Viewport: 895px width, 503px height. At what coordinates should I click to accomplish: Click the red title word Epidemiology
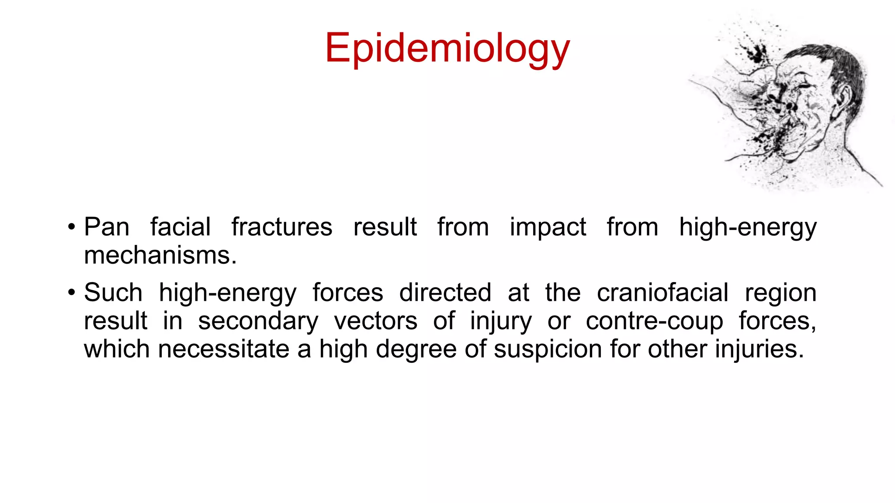tap(447, 48)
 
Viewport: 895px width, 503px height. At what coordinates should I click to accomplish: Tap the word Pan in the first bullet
tap(107, 227)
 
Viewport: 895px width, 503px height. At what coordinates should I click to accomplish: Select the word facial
tap(180, 227)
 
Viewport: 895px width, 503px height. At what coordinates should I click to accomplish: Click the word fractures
tap(282, 227)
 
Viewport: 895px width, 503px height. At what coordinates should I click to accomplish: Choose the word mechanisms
tap(160, 255)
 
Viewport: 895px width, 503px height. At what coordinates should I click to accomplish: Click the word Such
tap(113, 293)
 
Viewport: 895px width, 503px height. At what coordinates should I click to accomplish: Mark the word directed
tap(445, 293)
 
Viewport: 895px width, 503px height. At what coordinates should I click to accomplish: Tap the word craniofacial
tap(663, 293)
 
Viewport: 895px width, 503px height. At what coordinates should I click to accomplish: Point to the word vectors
tap(376, 321)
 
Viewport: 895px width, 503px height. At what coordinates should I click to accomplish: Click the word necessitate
tap(223, 349)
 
